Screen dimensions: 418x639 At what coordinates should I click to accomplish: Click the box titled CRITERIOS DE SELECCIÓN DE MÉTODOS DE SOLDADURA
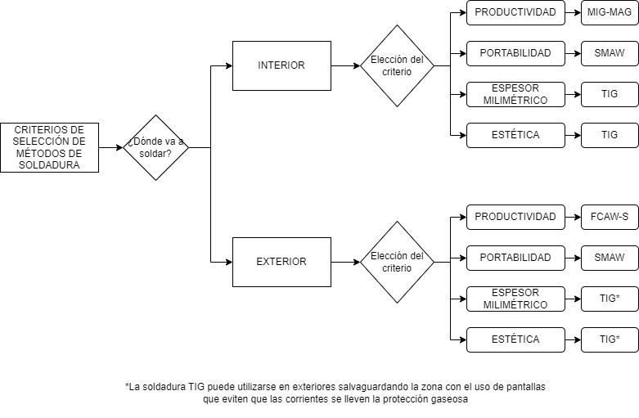(49, 147)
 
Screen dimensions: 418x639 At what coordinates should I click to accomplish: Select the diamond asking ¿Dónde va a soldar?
(155, 147)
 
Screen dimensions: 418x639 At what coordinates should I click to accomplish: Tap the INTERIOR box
(281, 65)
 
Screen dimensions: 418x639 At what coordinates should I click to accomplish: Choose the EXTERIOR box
(281, 262)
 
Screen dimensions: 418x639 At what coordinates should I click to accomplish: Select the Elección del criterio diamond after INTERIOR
(397, 65)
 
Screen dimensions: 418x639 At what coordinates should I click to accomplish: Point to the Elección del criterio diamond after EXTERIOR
(397, 262)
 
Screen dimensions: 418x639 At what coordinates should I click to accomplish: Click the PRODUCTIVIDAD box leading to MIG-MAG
(515, 12)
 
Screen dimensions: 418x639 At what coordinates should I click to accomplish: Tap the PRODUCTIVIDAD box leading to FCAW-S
(515, 217)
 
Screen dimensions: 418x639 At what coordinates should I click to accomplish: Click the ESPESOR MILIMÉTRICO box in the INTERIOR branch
(515, 94)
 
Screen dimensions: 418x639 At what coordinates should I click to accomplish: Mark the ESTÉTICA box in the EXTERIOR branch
(515, 339)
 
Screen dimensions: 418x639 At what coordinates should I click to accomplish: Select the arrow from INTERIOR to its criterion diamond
(345, 65)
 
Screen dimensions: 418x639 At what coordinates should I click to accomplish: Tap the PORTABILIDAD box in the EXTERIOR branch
(515, 258)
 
